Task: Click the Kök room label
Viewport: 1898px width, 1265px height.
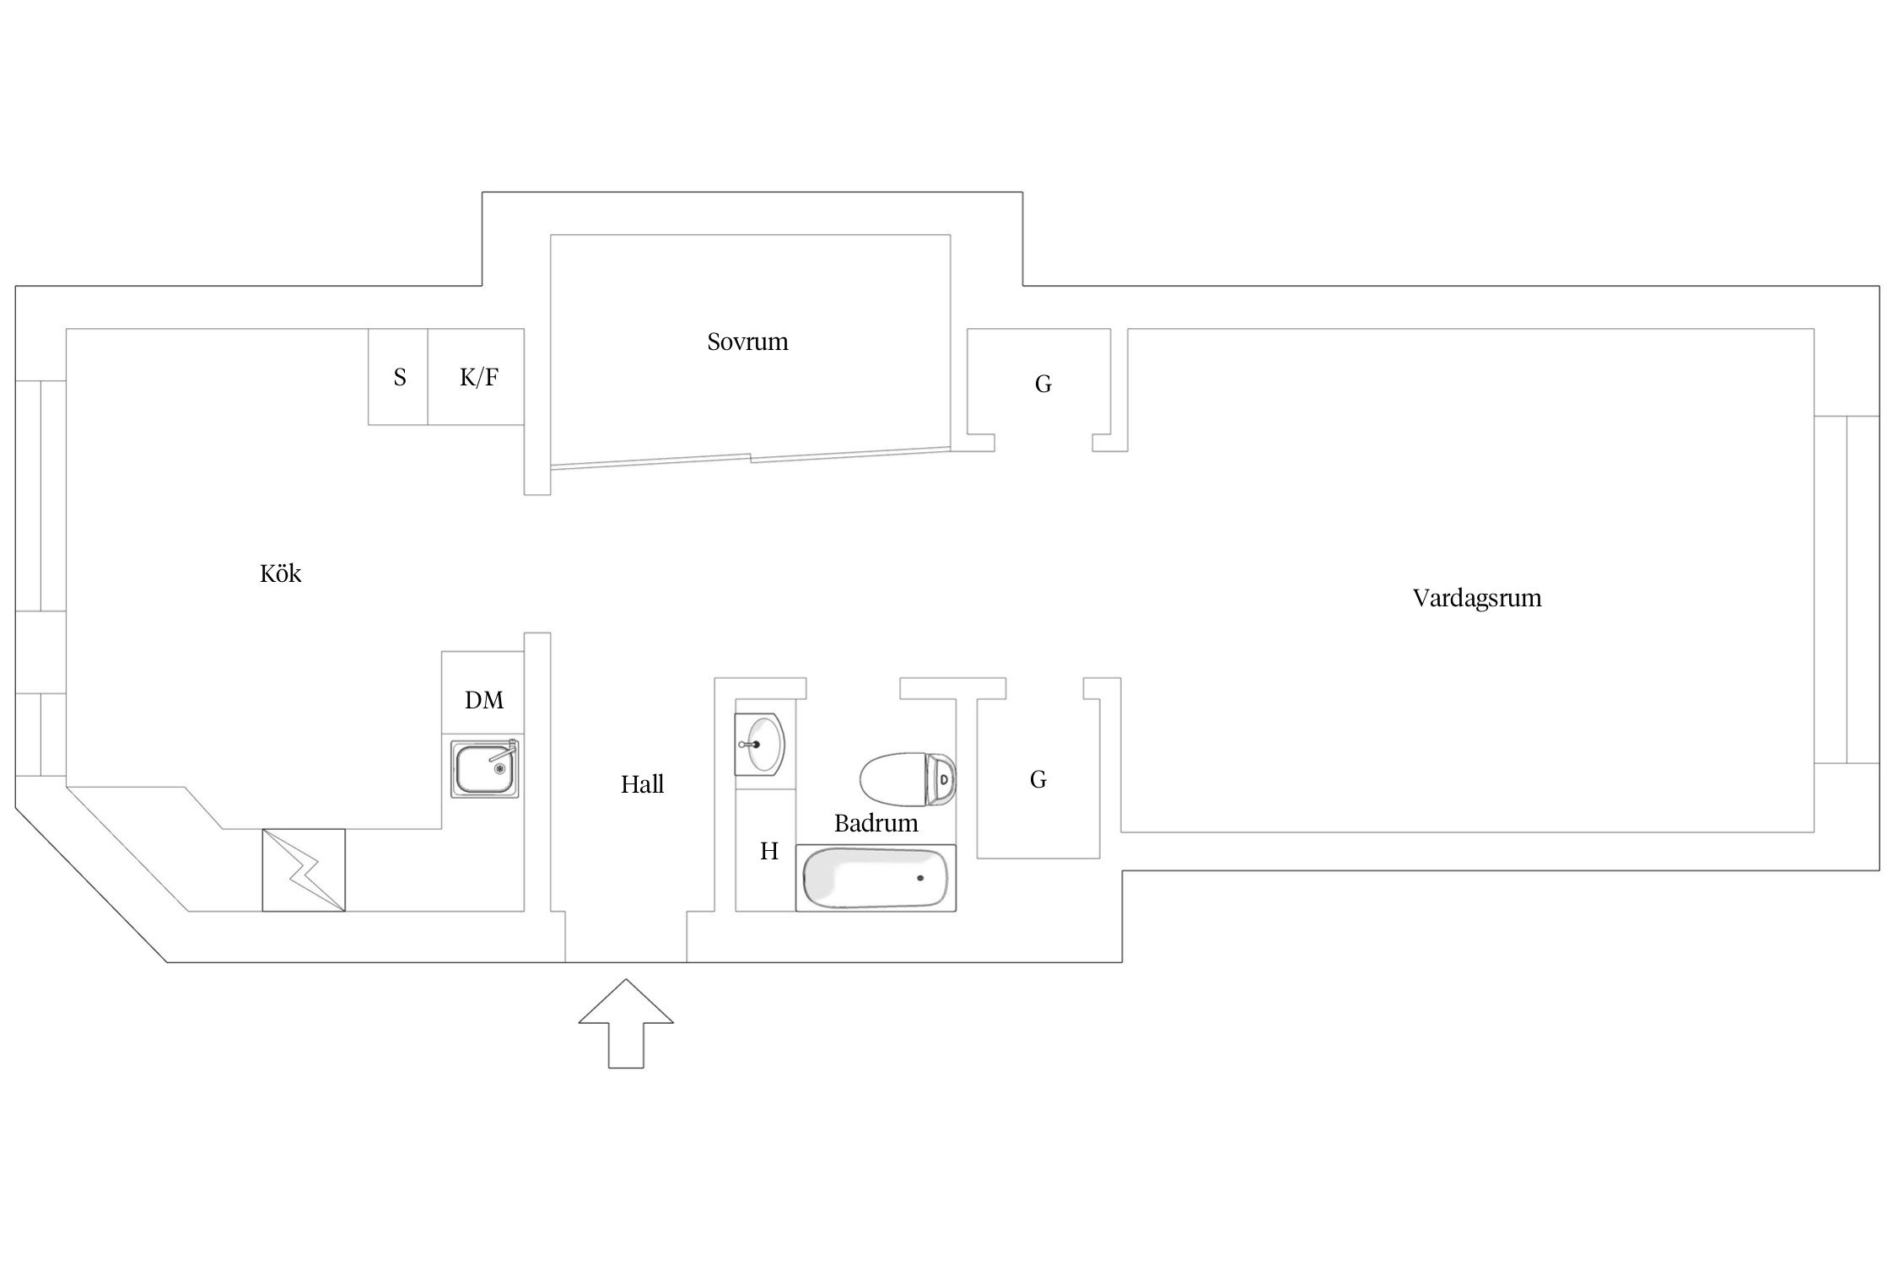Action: tap(280, 574)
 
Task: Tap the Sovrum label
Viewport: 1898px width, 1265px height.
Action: tap(747, 342)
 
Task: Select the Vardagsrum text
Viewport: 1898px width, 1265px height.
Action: tap(1476, 598)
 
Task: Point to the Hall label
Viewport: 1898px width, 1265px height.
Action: tap(642, 784)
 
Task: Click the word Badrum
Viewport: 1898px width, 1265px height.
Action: tap(876, 823)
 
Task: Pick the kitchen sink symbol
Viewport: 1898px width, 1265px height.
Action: tap(484, 769)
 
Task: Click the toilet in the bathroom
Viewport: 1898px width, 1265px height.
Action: tap(908, 778)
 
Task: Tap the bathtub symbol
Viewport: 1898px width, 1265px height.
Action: tap(876, 878)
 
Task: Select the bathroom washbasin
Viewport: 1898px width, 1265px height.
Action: tap(760, 744)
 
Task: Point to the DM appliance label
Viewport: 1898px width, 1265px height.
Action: tap(484, 700)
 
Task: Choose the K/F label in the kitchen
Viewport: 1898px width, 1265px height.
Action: tap(478, 377)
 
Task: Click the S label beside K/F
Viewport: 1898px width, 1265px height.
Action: tap(400, 377)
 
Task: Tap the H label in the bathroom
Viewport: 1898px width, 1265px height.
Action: tap(768, 852)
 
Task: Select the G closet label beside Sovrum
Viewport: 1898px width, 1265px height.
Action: tap(1043, 385)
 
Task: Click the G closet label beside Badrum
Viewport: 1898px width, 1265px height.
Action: tap(1038, 779)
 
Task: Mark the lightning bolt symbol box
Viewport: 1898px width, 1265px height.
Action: tap(304, 870)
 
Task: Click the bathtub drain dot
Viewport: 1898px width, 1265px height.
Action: tap(919, 878)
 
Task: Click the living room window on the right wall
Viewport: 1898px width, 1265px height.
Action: tap(1846, 589)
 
